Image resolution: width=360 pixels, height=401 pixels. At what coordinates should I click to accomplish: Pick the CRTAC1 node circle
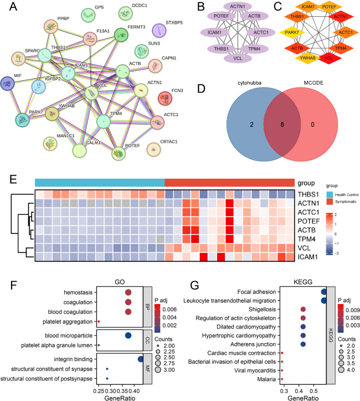(x=153, y=150)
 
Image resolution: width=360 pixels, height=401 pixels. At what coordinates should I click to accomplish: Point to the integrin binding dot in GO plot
(x=140, y=358)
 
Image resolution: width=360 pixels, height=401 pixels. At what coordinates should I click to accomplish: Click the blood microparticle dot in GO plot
(x=128, y=335)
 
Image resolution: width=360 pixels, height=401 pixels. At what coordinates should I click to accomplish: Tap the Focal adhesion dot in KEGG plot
(x=324, y=291)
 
